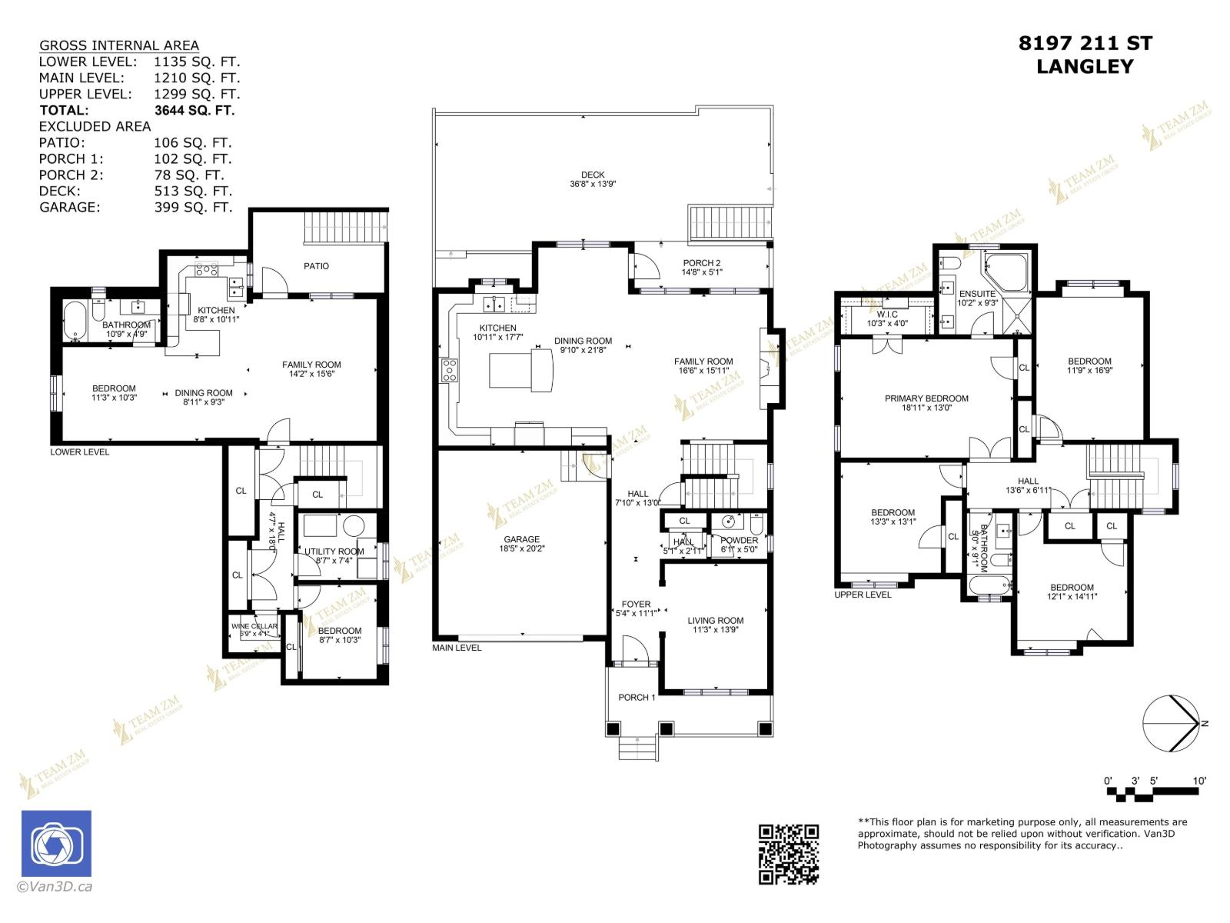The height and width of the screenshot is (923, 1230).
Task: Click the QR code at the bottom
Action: click(789, 854)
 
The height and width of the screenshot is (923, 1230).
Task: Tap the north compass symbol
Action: click(1170, 723)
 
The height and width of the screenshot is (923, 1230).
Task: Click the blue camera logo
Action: click(56, 843)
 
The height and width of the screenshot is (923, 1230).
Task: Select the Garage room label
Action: click(522, 539)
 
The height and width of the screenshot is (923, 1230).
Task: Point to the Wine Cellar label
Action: click(254, 626)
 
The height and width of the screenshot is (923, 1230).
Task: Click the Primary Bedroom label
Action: click(926, 398)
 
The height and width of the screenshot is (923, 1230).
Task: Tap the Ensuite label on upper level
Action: click(977, 294)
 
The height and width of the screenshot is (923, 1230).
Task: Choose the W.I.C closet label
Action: click(887, 315)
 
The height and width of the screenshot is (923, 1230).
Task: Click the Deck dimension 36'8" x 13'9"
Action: click(593, 185)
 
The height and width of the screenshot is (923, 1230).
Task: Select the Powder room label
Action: click(739, 540)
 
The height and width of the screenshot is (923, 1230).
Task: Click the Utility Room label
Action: click(334, 551)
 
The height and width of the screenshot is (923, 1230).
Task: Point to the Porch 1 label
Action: click(637, 698)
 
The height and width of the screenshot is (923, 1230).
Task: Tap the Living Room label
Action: click(715, 620)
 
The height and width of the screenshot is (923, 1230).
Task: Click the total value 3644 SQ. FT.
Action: click(194, 110)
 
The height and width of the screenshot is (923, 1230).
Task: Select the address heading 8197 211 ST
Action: click(1085, 44)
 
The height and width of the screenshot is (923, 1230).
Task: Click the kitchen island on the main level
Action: click(521, 370)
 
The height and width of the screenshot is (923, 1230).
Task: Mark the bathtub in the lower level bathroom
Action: click(75, 322)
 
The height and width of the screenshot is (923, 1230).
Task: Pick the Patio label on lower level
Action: click(316, 266)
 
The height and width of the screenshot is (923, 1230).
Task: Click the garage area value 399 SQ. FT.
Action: click(193, 207)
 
